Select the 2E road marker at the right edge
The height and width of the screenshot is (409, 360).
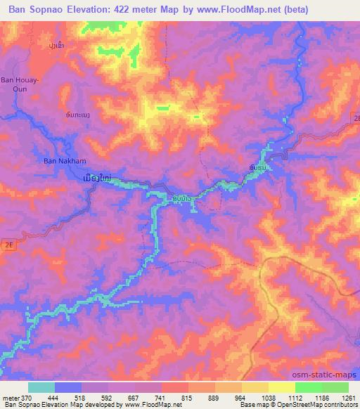(x=355, y=119)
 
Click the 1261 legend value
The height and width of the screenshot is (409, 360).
(x=348, y=398)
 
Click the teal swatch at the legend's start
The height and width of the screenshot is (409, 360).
(x=41, y=387)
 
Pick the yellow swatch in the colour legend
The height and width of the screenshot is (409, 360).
(x=281, y=387)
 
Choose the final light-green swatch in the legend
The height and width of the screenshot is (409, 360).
(x=335, y=387)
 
